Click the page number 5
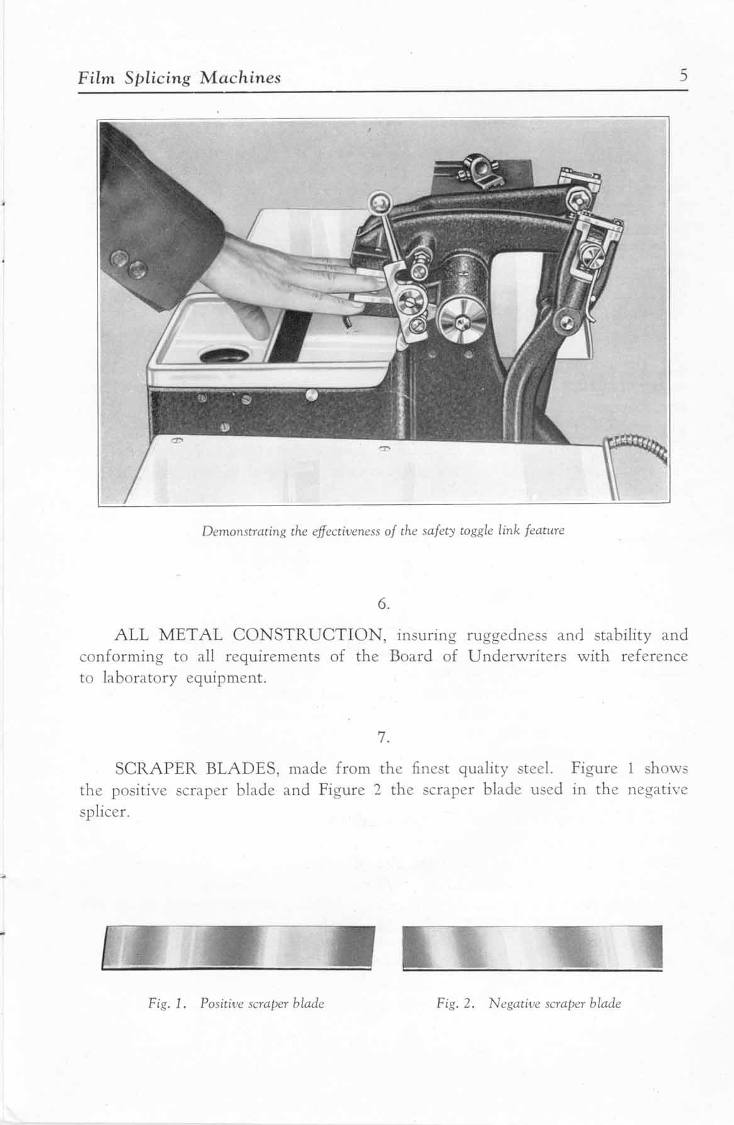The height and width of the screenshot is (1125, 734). pyautogui.click(x=683, y=76)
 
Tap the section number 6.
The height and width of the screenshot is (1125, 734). pyautogui.click(x=384, y=604)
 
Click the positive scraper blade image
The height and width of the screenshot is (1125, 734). pyautogui.click(x=238, y=948)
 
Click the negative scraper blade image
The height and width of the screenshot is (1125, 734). pyautogui.click(x=532, y=947)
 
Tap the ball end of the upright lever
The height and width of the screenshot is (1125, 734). pyautogui.click(x=379, y=202)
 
